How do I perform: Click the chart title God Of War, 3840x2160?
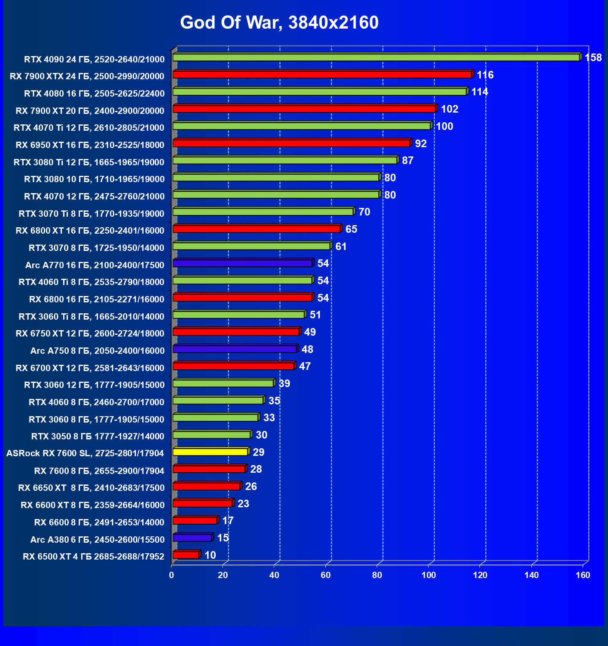(x=279, y=22)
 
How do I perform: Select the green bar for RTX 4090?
(x=376, y=57)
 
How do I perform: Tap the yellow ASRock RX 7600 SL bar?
(x=210, y=452)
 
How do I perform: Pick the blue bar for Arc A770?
(x=242, y=264)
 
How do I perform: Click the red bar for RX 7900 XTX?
(x=322, y=75)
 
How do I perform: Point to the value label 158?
(x=593, y=58)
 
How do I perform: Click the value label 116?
(x=485, y=75)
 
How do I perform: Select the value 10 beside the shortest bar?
(x=210, y=555)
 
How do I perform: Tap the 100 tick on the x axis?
(x=429, y=575)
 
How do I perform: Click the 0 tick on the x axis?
(x=171, y=575)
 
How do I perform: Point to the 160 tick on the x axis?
(x=583, y=575)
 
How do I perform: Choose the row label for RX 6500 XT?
(x=94, y=557)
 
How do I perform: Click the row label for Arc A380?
(x=97, y=540)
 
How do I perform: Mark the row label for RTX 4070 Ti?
(x=89, y=128)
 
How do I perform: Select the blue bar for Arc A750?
(x=235, y=349)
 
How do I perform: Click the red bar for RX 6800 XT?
(x=257, y=229)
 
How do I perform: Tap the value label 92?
(x=421, y=144)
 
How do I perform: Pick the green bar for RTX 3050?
(x=212, y=435)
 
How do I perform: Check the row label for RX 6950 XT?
(x=90, y=145)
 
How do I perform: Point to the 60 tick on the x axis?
(x=326, y=575)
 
